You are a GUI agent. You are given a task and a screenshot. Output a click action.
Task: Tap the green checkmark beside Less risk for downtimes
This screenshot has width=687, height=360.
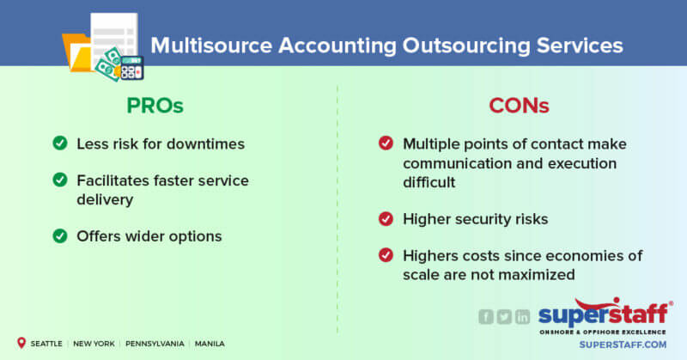point(60,143)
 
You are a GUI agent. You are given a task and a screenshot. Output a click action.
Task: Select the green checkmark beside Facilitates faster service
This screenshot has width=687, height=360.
point(60,180)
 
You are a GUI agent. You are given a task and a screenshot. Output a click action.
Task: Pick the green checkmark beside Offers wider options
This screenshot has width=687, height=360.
point(60,236)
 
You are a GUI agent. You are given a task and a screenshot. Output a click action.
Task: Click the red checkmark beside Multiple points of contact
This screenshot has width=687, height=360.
point(386,143)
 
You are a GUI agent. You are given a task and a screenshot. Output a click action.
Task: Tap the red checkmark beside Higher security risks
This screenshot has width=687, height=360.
point(386,219)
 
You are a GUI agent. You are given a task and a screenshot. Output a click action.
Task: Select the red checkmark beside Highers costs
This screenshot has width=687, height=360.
point(386,255)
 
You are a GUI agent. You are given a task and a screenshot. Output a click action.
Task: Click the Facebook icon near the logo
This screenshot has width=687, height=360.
point(486,316)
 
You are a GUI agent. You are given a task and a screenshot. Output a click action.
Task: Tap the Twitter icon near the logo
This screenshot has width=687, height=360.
point(504,316)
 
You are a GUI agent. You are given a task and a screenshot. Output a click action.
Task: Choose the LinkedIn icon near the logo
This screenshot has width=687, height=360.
point(522,316)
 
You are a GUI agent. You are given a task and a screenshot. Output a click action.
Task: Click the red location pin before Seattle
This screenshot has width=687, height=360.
point(20,343)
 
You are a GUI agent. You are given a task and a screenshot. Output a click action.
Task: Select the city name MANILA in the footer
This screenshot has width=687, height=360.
point(210,344)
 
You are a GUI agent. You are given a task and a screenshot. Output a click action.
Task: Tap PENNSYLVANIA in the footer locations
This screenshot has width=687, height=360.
point(153,344)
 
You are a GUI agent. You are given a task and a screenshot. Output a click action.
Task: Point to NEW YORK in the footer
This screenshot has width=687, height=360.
point(94,344)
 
